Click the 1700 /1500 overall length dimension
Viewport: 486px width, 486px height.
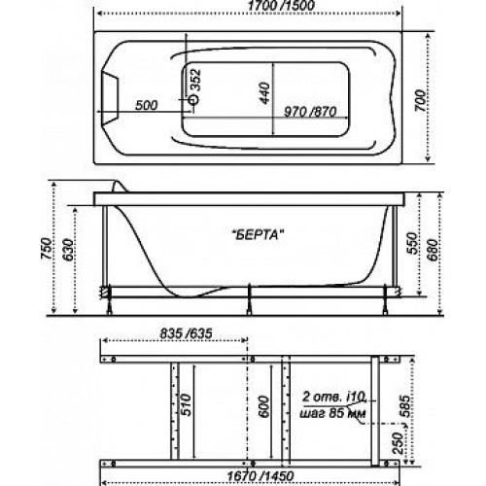(x=281, y=6)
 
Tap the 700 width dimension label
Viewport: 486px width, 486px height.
(x=420, y=101)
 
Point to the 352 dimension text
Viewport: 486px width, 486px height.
(x=195, y=80)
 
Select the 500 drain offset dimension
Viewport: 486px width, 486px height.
(x=147, y=105)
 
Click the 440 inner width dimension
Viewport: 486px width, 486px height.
(x=264, y=93)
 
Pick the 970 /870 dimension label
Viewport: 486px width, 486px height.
(x=310, y=112)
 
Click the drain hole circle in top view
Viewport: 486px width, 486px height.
(x=193, y=99)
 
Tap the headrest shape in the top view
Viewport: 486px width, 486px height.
(x=110, y=97)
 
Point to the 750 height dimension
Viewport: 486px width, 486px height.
(x=47, y=249)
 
